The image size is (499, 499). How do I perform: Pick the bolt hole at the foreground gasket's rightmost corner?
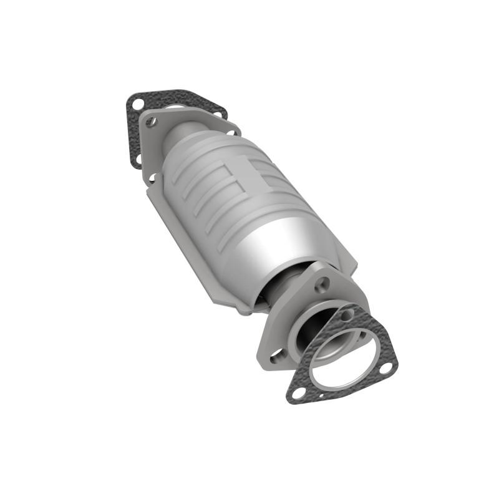click(x=386, y=369)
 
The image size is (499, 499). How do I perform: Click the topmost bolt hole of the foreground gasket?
click(x=347, y=315)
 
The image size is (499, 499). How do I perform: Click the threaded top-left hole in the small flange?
click(x=150, y=123)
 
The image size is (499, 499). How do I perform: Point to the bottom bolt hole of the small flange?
click(x=152, y=178)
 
